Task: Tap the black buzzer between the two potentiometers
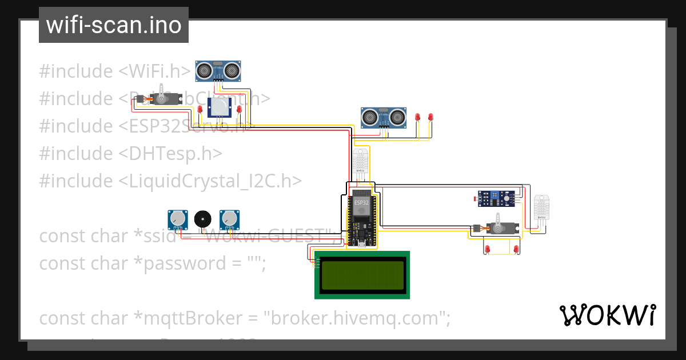(x=202, y=219)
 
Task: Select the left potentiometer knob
(x=178, y=218)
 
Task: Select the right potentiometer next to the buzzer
(x=229, y=218)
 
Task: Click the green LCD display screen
(x=362, y=275)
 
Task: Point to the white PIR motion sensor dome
(x=220, y=106)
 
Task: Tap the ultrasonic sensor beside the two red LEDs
(x=383, y=117)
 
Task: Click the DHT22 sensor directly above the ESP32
(x=361, y=162)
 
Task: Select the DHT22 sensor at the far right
(x=541, y=207)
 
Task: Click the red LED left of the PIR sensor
(x=200, y=109)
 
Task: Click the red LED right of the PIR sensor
(x=239, y=109)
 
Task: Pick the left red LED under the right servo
(x=487, y=249)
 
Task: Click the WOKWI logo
(x=607, y=315)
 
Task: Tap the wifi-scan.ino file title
(x=113, y=25)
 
